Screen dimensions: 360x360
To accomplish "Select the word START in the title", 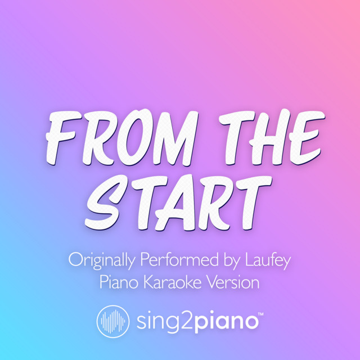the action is (x=178, y=202).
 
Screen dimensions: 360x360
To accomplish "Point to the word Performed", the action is (x=179, y=259).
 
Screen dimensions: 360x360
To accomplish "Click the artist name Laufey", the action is (x=268, y=260).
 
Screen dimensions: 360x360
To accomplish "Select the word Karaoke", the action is (x=173, y=282).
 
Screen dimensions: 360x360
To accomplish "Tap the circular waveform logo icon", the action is (x=112, y=321).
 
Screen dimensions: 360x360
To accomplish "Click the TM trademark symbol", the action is (x=261, y=314).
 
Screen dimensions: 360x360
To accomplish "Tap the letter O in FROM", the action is (x=136, y=137).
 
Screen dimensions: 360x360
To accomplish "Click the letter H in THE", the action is (x=272, y=137).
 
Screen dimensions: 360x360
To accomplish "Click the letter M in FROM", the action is (x=175, y=138).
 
